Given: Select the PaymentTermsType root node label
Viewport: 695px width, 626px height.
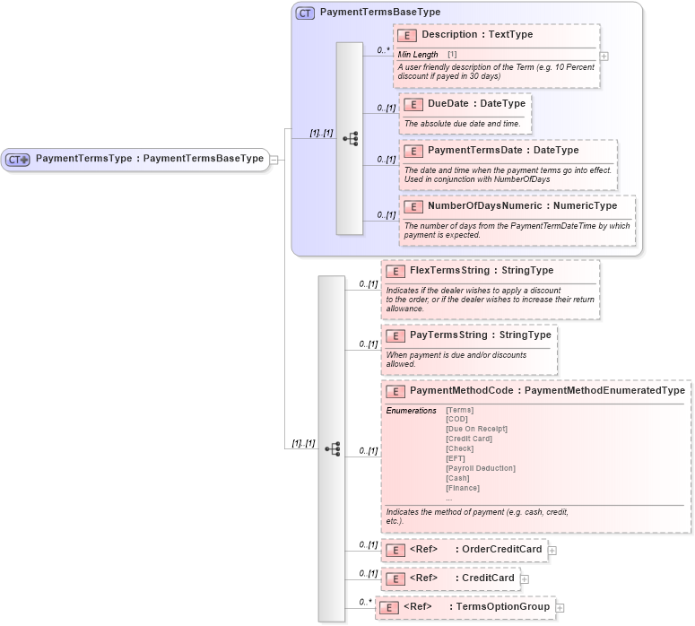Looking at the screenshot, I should click(149, 159).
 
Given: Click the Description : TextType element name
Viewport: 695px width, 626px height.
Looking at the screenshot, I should click(477, 35).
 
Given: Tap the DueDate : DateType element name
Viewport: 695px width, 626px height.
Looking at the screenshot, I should click(476, 104).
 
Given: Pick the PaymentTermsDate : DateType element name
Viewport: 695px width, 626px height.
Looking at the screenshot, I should click(503, 151).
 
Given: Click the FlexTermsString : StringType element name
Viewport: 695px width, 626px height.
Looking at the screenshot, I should click(481, 271).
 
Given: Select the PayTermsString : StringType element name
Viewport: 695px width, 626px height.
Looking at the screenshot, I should click(480, 335).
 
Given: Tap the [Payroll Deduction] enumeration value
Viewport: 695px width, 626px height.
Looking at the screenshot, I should click(481, 468).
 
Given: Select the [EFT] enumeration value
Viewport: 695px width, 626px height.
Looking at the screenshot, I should click(456, 458).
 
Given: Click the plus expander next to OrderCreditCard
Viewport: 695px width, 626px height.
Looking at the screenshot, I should click(552, 551).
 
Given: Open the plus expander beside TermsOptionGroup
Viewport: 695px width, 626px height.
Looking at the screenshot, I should click(560, 608).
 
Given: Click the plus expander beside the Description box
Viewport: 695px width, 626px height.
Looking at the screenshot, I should click(604, 56).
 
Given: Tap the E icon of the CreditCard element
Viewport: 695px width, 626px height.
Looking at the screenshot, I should click(395, 578).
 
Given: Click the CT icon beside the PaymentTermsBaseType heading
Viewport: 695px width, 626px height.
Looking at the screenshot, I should click(305, 13).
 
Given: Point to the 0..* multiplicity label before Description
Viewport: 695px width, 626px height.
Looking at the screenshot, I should click(384, 51).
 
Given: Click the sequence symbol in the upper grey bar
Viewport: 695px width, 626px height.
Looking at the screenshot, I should click(350, 139).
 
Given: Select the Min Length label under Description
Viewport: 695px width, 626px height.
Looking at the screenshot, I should click(418, 56).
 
